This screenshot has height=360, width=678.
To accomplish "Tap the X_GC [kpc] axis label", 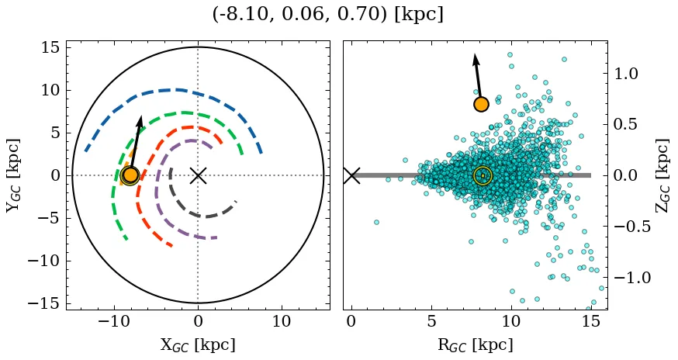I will tap(198, 344).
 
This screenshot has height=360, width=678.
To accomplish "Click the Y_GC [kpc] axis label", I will tap(13, 175).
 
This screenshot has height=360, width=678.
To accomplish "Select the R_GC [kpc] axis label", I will tap(475, 344).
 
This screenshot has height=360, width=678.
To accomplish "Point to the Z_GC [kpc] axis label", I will tap(662, 175).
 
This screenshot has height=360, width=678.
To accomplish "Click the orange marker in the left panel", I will tap(130, 175).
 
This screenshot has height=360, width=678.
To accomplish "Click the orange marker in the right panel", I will tap(481, 104).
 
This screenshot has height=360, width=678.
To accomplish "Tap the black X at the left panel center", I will tap(198, 175).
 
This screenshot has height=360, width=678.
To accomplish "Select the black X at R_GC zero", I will tap(351, 175).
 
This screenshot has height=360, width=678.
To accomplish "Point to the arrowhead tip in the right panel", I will tap(474, 54).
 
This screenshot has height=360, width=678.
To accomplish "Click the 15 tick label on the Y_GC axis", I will tap(50, 47).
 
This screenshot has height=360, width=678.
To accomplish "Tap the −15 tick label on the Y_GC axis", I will tap(45, 303).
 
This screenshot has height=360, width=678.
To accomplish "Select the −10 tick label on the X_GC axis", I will tap(114, 321).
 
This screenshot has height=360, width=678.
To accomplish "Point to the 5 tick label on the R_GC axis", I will tap(431, 321).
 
